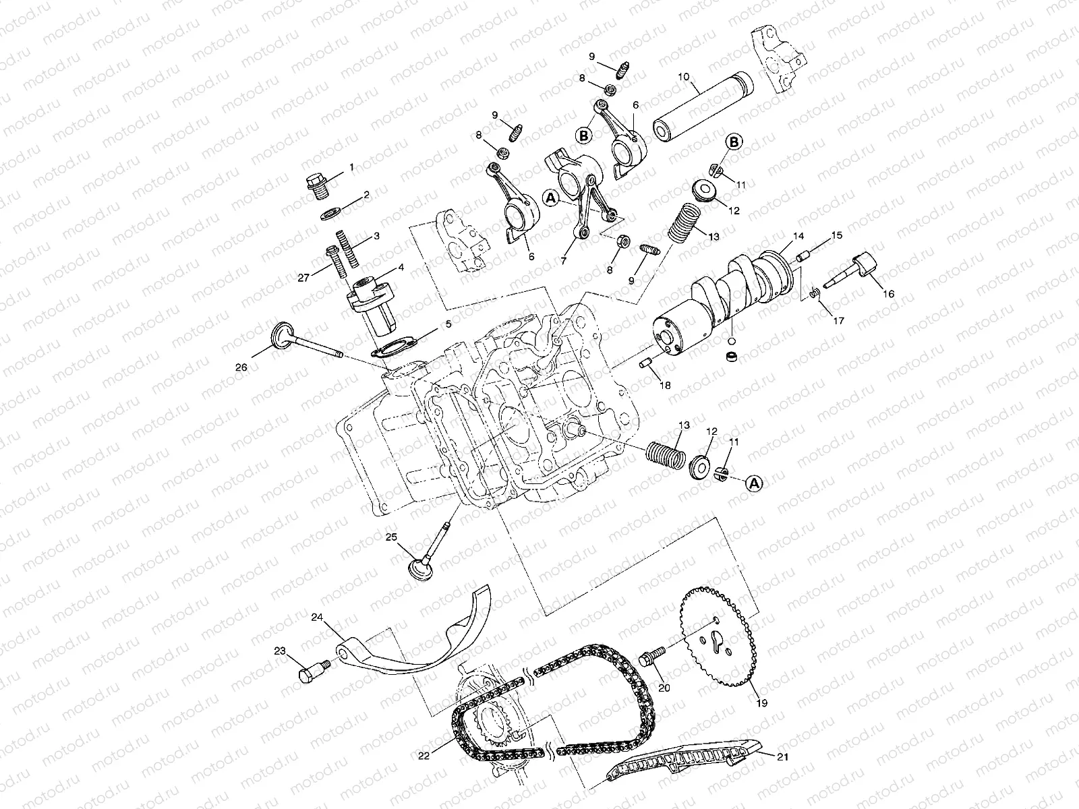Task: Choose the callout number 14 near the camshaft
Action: click(x=798, y=237)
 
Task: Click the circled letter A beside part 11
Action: click(x=755, y=483)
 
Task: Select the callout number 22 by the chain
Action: click(x=423, y=756)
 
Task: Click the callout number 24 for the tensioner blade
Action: click(x=318, y=617)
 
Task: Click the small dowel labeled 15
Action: click(x=802, y=257)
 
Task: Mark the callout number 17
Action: click(x=838, y=321)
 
